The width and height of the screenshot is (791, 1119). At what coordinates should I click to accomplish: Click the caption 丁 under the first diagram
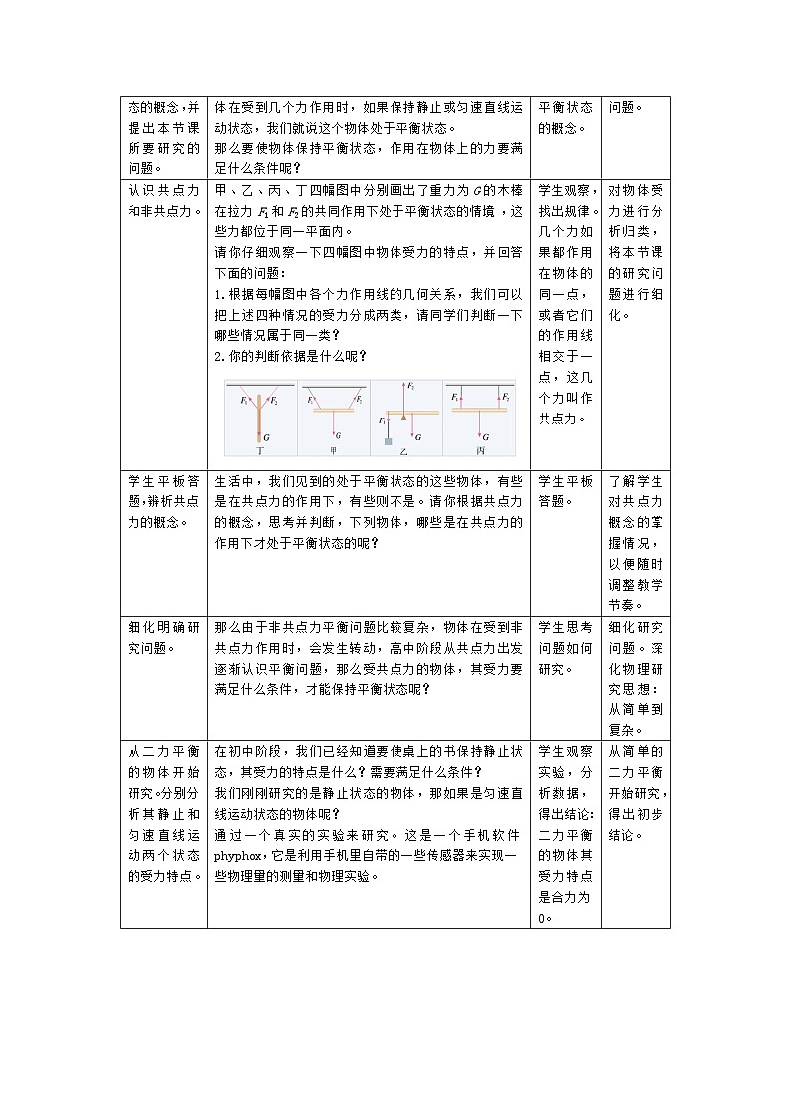pos(260,450)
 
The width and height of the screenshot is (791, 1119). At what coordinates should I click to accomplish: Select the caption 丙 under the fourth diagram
pos(480,450)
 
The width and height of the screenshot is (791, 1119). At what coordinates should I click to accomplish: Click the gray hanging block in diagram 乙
pos(387,439)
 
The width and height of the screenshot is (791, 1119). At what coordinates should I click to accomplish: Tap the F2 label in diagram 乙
pos(411,385)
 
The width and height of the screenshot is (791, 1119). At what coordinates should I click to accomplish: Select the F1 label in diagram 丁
pos(244,400)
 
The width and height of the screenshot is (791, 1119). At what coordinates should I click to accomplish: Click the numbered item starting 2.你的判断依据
pos(291,356)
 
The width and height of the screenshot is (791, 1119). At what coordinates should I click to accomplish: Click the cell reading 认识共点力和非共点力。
pos(163,199)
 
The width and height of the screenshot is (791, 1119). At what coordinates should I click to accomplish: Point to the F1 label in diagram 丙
pos(456,396)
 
